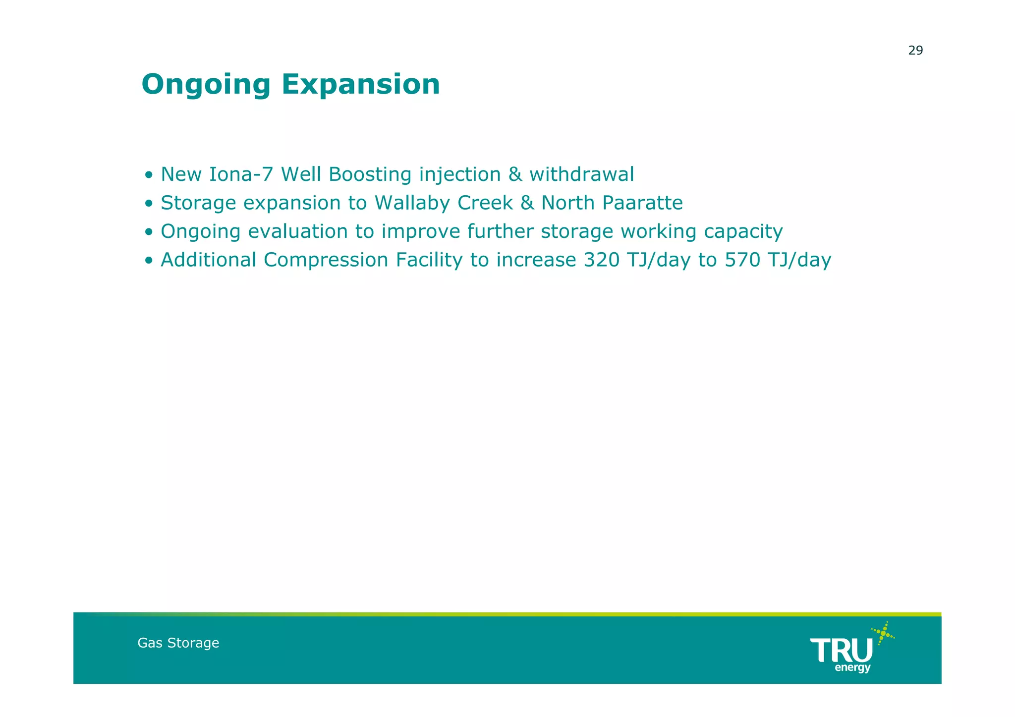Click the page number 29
915,51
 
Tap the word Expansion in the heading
360,84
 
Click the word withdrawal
581,174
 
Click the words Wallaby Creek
444,203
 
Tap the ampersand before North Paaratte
527,203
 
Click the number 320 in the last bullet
601,260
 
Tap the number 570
742,260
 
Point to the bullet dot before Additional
149,261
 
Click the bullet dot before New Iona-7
149,176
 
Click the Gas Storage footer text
178,643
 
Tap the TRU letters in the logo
841,651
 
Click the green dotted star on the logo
883,633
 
